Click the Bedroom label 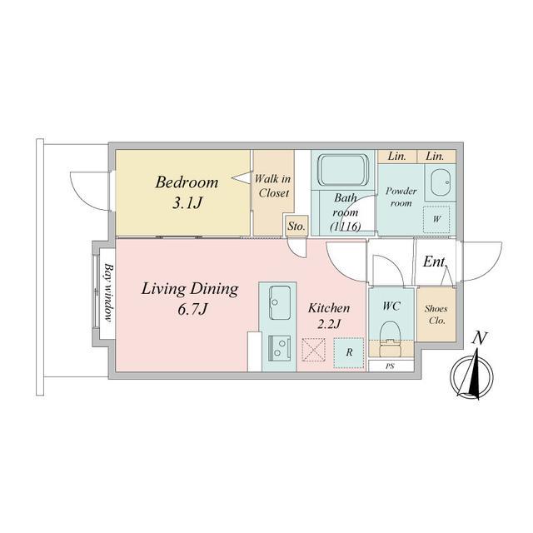tap(187, 182)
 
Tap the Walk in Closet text tap(273, 186)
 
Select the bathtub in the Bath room tap(342, 170)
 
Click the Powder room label tap(401, 197)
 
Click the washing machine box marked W tap(436, 219)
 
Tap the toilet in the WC tap(391, 338)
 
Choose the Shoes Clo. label tap(436, 315)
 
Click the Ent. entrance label tap(435, 262)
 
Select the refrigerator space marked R tap(349, 353)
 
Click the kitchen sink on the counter tap(280, 302)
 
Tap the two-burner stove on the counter tap(280, 348)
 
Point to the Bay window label tap(107, 292)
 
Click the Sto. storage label tap(296, 226)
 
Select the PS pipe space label tap(390, 366)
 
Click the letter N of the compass tap(480, 338)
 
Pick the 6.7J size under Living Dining tap(192, 309)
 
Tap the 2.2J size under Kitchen tap(329, 324)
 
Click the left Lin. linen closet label tap(397, 156)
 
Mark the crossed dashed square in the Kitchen tap(313, 350)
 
